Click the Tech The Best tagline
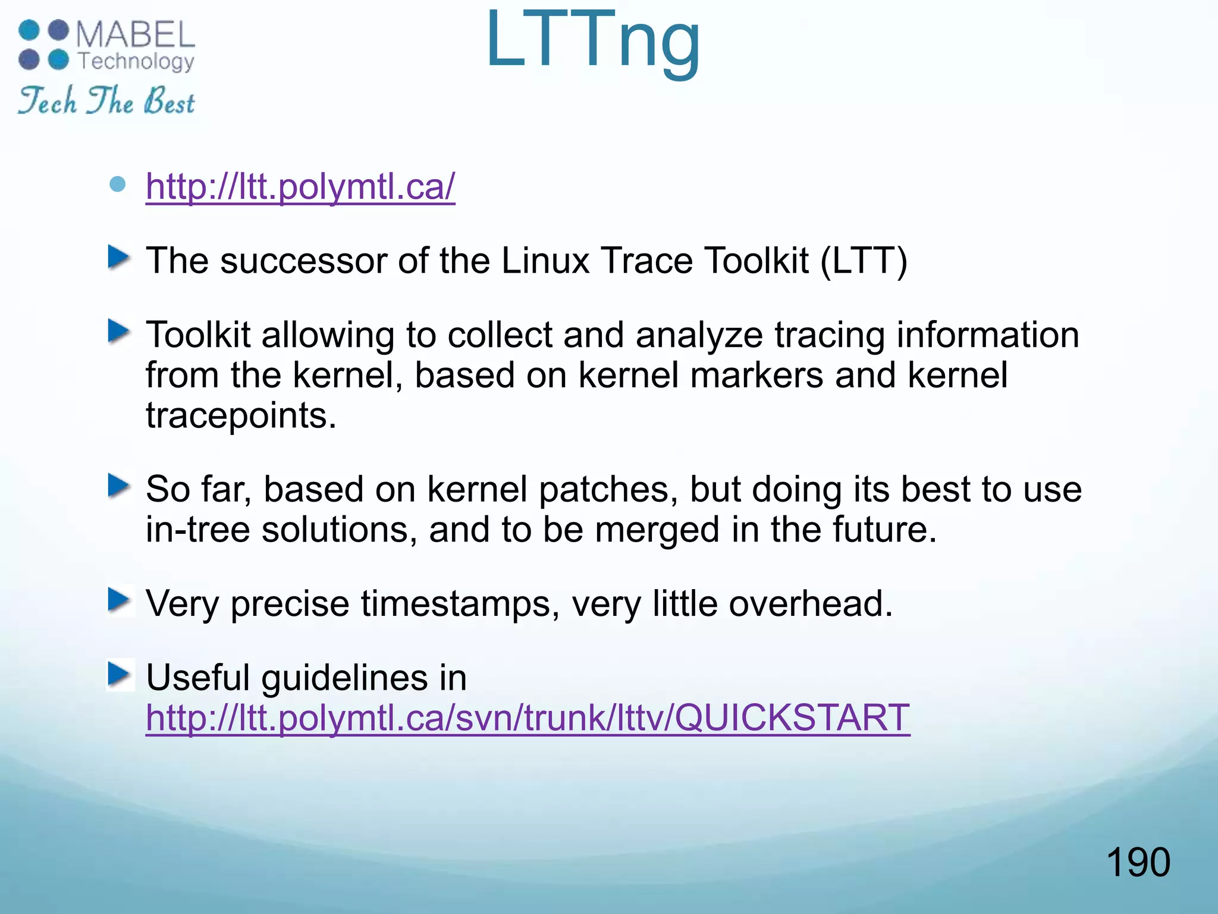pyautogui.click(x=106, y=101)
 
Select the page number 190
pyautogui.click(x=1138, y=862)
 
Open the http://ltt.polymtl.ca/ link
pyautogui.click(x=300, y=187)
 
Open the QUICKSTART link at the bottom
pyautogui.click(x=528, y=718)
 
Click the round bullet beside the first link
pyautogui.click(x=118, y=184)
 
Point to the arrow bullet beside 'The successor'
pyautogui.click(x=119, y=258)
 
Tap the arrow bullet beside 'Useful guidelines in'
pyautogui.click(x=119, y=675)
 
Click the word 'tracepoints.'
pyautogui.click(x=241, y=415)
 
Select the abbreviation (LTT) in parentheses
pyautogui.click(x=864, y=261)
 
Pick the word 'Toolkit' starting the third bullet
pyautogui.click(x=198, y=334)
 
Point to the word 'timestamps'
pyautogui.click(x=460, y=603)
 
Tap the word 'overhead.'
pyautogui.click(x=811, y=603)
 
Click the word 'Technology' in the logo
pyautogui.click(x=136, y=61)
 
